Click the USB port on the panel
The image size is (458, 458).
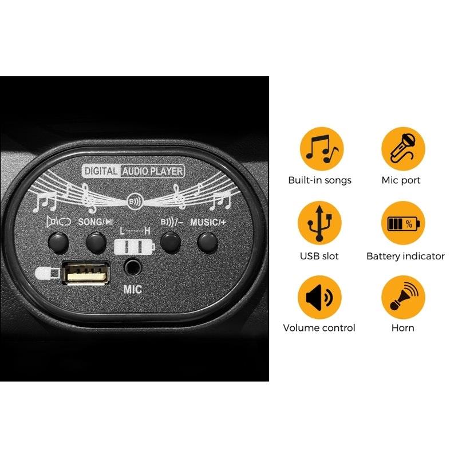tap(86, 273)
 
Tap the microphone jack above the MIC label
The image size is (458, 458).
tap(133, 267)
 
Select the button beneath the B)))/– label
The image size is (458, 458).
tap(171, 243)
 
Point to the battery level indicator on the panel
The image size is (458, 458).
tap(135, 247)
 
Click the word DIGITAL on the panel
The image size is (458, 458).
tap(101, 171)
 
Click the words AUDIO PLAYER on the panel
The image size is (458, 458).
tap(152, 171)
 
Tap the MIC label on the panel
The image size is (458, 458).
tap(133, 290)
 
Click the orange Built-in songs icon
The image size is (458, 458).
tap(321, 149)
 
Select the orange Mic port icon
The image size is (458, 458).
tap(403, 149)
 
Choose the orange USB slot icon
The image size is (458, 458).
tap(319, 223)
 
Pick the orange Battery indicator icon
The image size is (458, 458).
tap(403, 223)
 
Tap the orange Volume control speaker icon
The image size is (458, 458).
tap(319, 297)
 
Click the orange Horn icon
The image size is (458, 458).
tap(403, 297)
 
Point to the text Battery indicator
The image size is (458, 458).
tap(405, 256)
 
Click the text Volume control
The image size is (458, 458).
tap(319, 327)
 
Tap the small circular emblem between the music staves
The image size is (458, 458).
tap(135, 202)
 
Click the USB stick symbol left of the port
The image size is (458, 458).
tap(48, 273)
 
